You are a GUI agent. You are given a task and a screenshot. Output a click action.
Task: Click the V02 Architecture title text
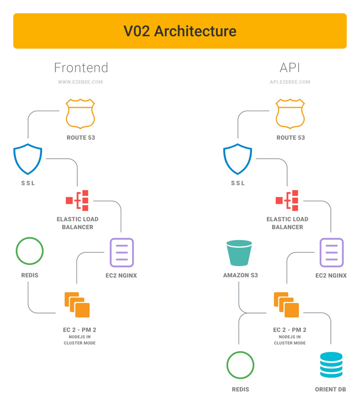click(180, 31)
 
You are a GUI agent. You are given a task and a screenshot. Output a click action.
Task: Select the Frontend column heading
click(81, 68)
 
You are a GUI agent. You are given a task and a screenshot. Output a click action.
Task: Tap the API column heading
click(290, 68)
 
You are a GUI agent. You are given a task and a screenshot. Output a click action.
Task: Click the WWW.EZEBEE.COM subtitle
click(81, 82)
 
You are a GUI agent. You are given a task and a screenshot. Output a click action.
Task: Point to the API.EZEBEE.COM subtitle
click(290, 82)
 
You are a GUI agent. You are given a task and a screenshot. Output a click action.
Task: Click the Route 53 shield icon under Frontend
click(80, 114)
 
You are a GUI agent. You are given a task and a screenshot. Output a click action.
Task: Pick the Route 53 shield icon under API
click(290, 114)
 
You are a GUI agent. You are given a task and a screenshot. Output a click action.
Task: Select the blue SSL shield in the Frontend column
click(28, 160)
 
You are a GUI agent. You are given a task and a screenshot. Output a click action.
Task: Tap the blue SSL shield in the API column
click(238, 160)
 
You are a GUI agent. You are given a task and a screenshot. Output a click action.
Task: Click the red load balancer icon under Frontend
click(78, 200)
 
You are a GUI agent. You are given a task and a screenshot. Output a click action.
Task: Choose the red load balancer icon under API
click(288, 200)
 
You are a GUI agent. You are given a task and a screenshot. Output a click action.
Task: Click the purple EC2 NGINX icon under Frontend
click(121, 252)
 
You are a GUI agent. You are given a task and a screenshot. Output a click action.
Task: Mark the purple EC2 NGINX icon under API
click(331, 252)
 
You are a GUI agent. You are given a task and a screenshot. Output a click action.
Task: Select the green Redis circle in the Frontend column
click(30, 251)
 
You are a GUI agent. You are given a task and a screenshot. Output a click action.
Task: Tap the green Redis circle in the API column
click(240, 366)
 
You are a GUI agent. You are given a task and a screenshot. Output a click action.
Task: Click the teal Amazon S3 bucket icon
click(239, 253)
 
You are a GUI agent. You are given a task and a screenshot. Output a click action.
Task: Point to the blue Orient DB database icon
click(331, 365)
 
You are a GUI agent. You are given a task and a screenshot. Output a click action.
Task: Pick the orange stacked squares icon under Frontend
click(77, 305)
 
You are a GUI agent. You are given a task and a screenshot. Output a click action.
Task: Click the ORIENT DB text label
click(330, 390)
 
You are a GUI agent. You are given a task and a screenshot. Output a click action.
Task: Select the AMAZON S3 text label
click(240, 275)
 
